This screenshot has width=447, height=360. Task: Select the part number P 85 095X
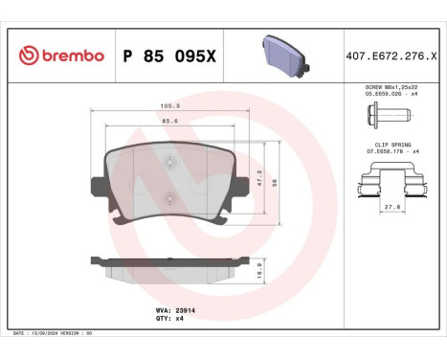tap(171, 56)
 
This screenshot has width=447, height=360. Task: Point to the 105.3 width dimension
tap(171, 107)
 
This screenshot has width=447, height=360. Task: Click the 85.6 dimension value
tap(171, 122)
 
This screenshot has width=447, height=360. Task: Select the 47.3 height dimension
tap(259, 175)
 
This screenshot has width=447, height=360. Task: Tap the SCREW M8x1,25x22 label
tap(389, 86)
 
